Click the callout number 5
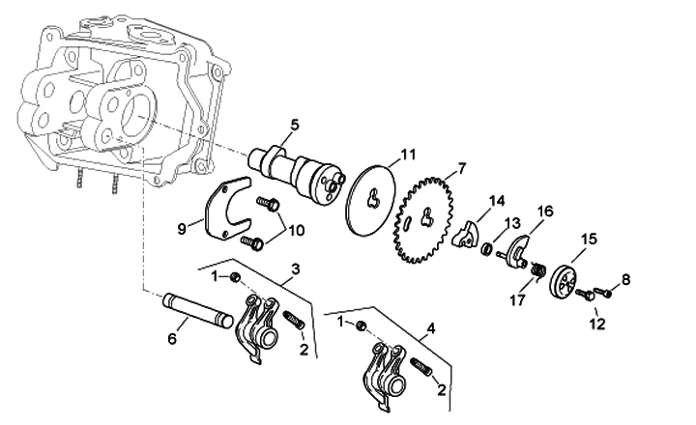click(x=295, y=124)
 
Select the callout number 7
click(x=461, y=168)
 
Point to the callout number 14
click(x=497, y=201)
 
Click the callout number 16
click(x=545, y=211)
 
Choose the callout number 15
click(x=589, y=239)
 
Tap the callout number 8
click(x=625, y=279)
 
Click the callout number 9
click(x=181, y=228)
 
